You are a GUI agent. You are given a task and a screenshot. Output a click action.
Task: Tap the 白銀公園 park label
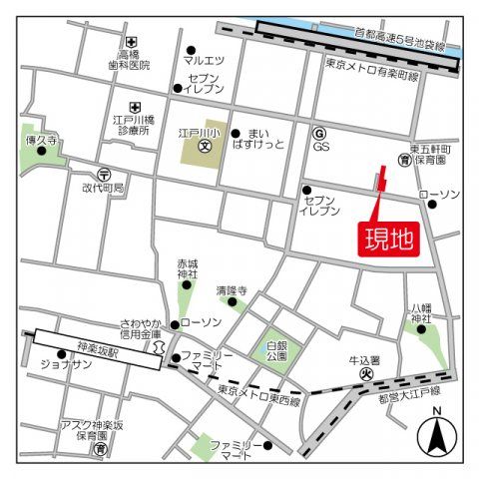pyautogui.click(x=276, y=349)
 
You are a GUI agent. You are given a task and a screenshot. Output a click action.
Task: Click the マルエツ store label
pyautogui.click(x=204, y=60)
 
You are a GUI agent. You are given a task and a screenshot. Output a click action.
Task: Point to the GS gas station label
pyautogui.click(x=320, y=146)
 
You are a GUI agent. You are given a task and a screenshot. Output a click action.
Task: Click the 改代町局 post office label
pyautogui.click(x=103, y=188)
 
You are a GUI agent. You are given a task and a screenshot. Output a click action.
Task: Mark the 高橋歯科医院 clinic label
pyautogui.click(x=129, y=59)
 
